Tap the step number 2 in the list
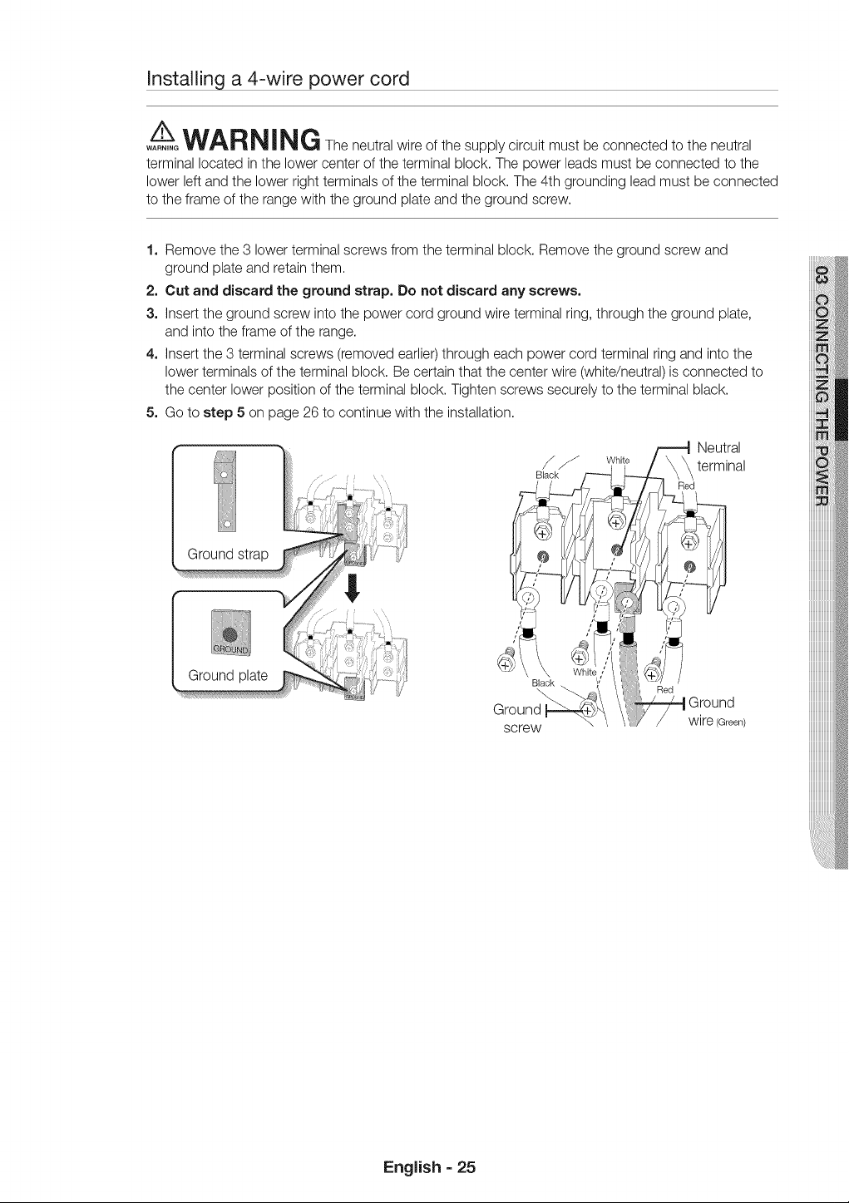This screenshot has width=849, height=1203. (x=151, y=291)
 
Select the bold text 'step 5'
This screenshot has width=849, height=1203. (x=224, y=413)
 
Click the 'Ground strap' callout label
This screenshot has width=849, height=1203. (x=228, y=555)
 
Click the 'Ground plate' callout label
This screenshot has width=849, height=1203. (x=228, y=675)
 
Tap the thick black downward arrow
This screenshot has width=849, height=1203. (x=353, y=588)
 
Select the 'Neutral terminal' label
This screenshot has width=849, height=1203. (x=721, y=456)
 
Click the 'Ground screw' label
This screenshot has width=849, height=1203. (x=518, y=718)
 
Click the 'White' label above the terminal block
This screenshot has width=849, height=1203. (x=618, y=461)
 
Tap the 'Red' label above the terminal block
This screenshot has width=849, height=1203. (x=686, y=486)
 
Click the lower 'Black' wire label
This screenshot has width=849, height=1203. (x=542, y=683)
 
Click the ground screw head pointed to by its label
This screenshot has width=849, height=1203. (x=587, y=711)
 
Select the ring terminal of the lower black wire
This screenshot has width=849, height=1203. (x=528, y=598)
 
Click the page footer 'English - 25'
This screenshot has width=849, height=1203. (x=430, y=1167)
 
